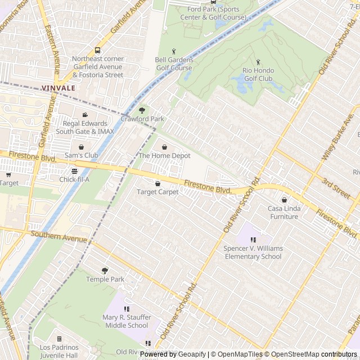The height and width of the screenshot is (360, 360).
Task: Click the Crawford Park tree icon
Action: click(142, 110)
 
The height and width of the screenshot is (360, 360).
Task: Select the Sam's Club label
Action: click(81, 155)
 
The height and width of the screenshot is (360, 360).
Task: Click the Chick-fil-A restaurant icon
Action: click(74, 171)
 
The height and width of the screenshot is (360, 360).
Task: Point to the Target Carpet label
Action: click(157, 192)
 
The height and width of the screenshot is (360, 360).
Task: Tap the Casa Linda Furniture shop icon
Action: click(284, 200)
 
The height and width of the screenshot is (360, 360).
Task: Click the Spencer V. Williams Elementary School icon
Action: click(253, 240)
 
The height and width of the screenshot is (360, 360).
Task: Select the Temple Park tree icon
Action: click(105, 271)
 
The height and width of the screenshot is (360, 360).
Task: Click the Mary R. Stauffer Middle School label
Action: click(125, 321)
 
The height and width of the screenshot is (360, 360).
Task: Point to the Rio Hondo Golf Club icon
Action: click(258, 62)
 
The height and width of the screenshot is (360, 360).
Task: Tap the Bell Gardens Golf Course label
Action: click(174, 64)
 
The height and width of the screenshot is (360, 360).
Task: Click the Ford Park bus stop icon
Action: click(213, 2)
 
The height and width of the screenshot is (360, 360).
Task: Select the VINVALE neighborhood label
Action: click(57, 88)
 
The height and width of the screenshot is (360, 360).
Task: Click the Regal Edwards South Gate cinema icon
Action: click(85, 115)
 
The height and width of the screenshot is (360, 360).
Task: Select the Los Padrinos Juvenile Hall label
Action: click(58, 351)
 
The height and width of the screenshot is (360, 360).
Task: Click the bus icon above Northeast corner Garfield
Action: click(97, 50)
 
